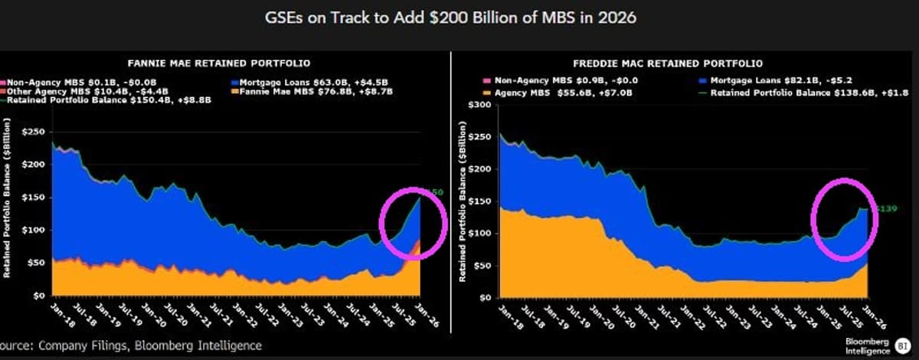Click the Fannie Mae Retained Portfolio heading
pos(224,62)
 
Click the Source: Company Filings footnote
pos(130,345)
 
